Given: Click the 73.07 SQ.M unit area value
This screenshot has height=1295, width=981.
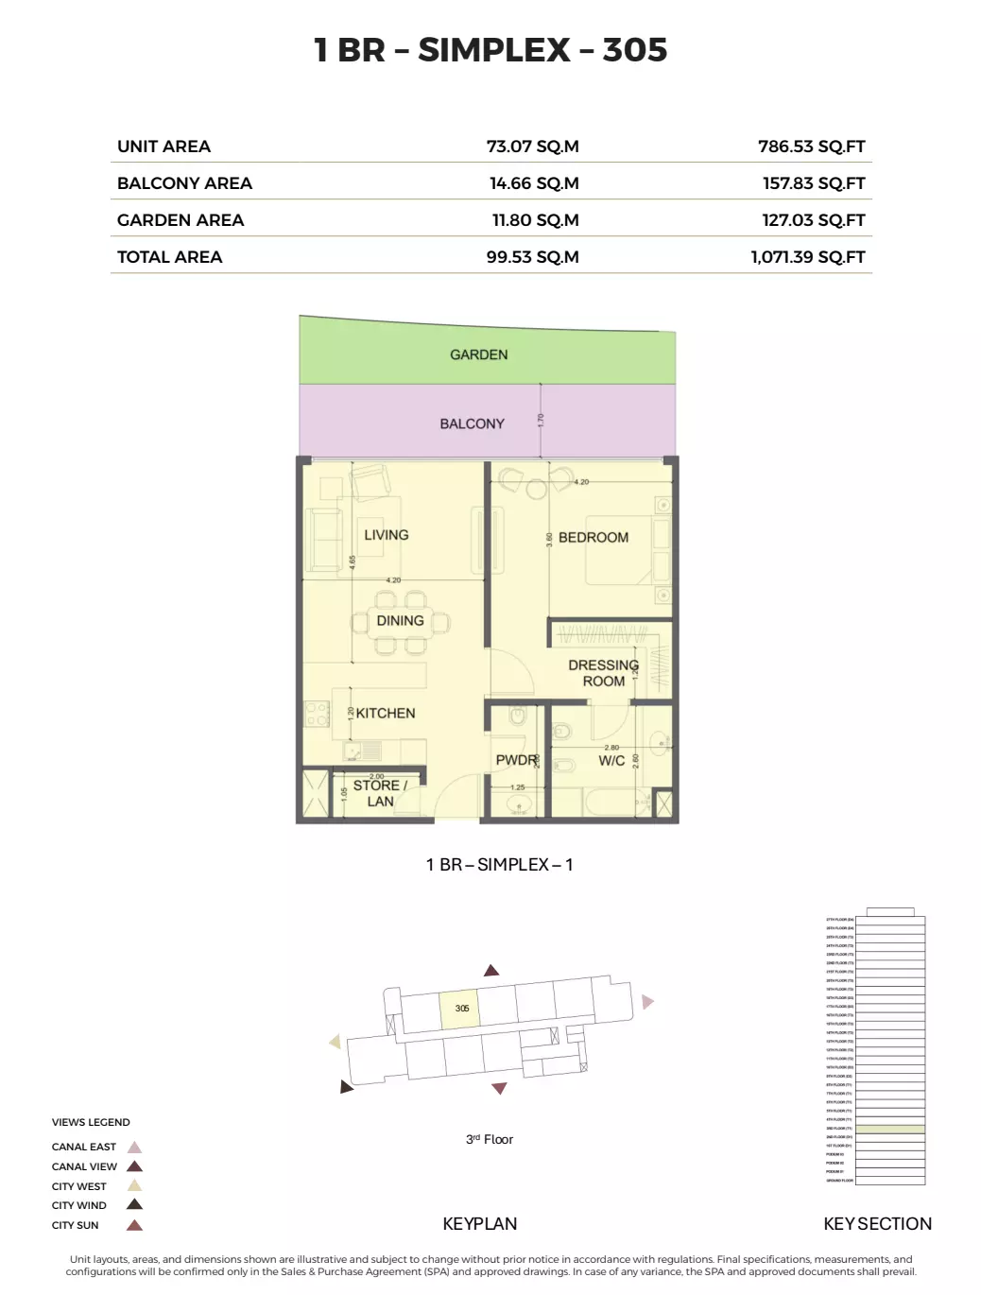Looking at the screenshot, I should (x=532, y=147).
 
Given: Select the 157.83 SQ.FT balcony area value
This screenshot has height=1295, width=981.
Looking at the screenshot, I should (x=814, y=183).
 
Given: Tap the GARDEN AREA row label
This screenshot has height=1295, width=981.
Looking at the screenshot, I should (x=181, y=220).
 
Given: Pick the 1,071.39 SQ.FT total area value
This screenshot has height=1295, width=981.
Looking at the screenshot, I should (x=808, y=257).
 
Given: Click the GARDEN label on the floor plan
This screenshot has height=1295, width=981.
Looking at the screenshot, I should (x=479, y=354).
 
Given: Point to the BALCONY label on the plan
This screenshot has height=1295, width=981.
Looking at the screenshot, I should (x=473, y=423).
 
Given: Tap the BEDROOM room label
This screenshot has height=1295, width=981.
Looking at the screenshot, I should (x=594, y=537).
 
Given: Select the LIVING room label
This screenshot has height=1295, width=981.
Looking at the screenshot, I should (x=387, y=535).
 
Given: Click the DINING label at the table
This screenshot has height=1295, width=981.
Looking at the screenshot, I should (x=400, y=621).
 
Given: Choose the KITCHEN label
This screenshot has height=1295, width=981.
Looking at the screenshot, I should (x=386, y=714).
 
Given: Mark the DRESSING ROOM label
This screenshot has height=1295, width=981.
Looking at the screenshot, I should (x=603, y=673).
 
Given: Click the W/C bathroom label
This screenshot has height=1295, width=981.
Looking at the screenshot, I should (x=611, y=761).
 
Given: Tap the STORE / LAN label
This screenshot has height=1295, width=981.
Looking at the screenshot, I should (x=380, y=793).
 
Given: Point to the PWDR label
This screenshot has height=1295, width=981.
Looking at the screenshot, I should (x=516, y=760).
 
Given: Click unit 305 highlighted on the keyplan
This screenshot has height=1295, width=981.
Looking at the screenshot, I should (x=461, y=1009).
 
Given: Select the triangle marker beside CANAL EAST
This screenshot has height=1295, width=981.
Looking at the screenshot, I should (x=134, y=1148).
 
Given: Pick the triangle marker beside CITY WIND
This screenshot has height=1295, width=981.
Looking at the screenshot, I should (x=134, y=1205).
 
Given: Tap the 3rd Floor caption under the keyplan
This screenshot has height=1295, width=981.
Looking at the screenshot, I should (x=490, y=1139).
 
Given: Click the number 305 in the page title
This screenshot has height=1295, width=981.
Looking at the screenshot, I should (x=635, y=50).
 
